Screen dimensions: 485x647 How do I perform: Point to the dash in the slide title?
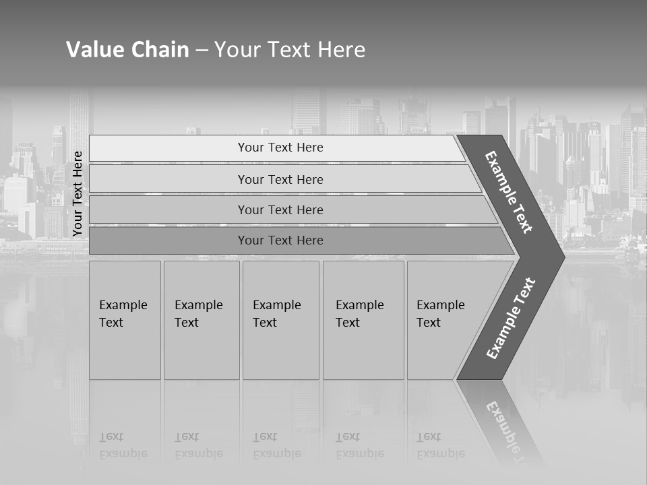pyautogui.click(x=202, y=51)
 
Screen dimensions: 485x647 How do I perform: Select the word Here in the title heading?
pyautogui.click(x=340, y=50)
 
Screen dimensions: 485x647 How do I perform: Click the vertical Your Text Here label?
pyautogui.click(x=78, y=193)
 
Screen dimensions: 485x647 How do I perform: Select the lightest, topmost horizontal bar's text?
pyautogui.click(x=280, y=148)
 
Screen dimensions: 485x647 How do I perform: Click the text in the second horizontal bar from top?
pyautogui.click(x=280, y=180)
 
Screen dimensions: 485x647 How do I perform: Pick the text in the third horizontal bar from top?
pyautogui.click(x=280, y=210)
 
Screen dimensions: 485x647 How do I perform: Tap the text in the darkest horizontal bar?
pyautogui.click(x=280, y=240)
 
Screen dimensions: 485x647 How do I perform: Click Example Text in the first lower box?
pyautogui.click(x=123, y=314)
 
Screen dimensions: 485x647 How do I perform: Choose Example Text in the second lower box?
pyautogui.click(x=198, y=314)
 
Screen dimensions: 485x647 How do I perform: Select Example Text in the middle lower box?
pyautogui.click(x=276, y=314)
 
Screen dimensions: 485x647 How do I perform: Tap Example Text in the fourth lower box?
pyautogui.click(x=359, y=314)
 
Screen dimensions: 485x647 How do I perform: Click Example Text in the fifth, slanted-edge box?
pyautogui.click(x=440, y=314)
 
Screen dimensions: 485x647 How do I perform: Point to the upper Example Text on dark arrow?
pyautogui.click(x=509, y=192)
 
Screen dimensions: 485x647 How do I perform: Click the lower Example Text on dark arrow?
pyautogui.click(x=511, y=319)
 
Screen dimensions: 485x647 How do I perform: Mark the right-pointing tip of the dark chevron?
pyautogui.click(x=563, y=255)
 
